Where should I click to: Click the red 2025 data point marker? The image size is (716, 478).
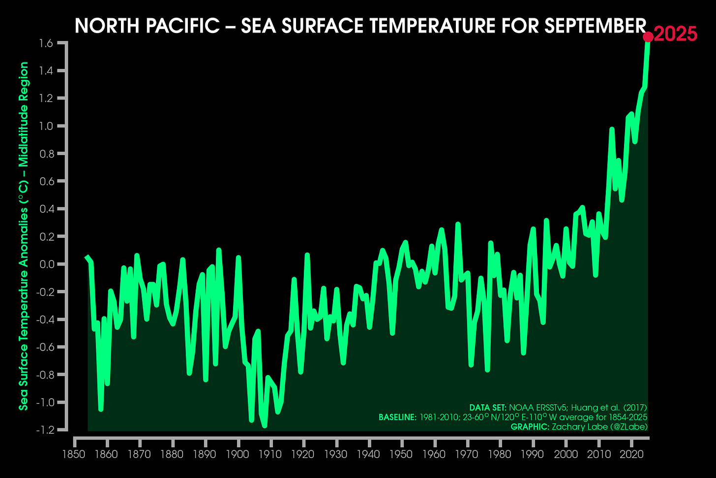tap(648, 37)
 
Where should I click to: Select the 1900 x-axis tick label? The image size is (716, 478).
tap(238, 454)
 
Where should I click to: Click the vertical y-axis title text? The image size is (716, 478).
tap(23, 236)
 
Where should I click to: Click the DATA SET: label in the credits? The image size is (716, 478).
tap(487, 408)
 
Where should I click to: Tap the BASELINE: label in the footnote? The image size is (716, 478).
tap(396, 417)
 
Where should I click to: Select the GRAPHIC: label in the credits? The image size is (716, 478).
tap(530, 427)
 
